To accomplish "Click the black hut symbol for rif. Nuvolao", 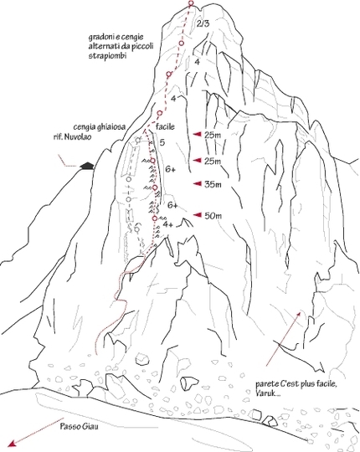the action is (87, 166).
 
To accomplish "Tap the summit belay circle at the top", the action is (191, 3).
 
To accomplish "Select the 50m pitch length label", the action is (213, 216).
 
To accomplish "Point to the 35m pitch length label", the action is (213, 184).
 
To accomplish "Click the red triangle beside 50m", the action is (197, 214).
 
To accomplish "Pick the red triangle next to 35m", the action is (197, 183).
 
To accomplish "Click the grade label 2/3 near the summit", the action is (203, 24).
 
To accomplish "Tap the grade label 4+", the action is (167, 224).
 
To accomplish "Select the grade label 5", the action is (162, 142).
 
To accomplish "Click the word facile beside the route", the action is (165, 126).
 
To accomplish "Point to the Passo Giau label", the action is (79, 426).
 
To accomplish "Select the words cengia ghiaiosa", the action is (100, 127).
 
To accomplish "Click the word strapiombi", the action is (107, 56).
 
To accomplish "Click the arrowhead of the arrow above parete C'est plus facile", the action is (300, 314).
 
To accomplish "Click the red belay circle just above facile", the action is (159, 113).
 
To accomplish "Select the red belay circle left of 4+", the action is (155, 218).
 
